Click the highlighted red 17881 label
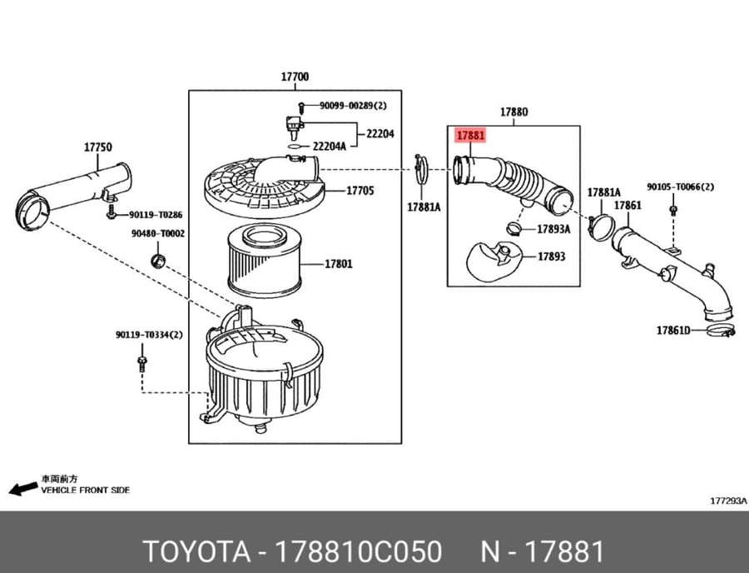470,135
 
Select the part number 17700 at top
295,77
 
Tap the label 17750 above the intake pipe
98,147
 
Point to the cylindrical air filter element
265,261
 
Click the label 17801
339,264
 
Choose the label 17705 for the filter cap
360,191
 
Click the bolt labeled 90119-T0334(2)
141,363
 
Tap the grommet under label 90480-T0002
158,262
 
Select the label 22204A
329,147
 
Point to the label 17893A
553,229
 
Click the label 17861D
673,331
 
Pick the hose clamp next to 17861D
720,330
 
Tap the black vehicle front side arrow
23,488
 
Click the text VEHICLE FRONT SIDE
86,491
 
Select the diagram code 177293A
728,501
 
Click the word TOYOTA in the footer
196,551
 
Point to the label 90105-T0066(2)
680,187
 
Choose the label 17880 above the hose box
514,112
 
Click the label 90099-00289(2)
353,106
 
